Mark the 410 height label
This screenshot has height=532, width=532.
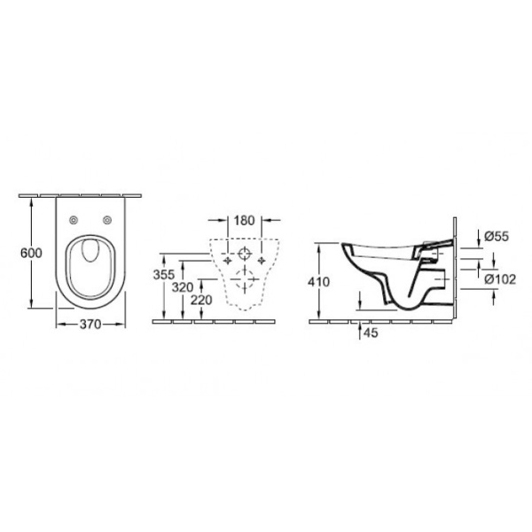point(319,281)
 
